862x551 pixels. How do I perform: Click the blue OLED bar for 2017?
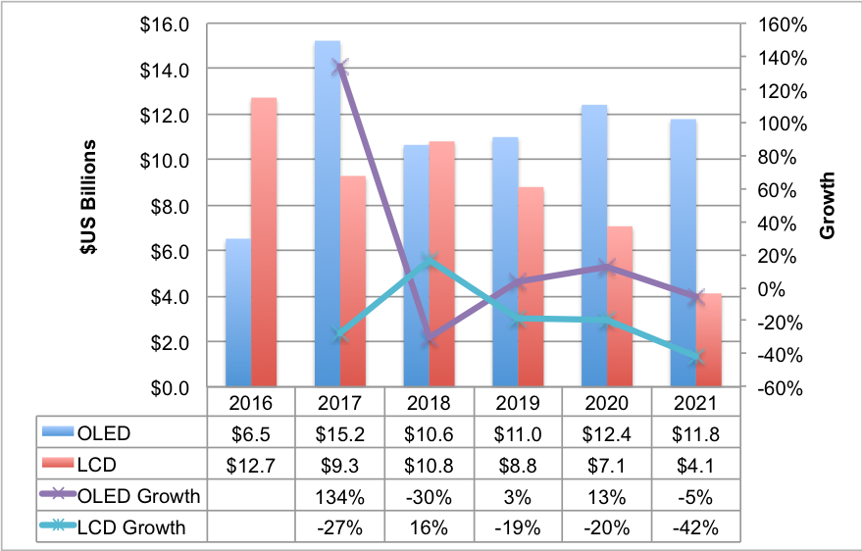point(327,216)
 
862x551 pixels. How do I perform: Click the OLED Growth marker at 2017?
point(340,67)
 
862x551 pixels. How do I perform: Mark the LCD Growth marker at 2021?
point(696,358)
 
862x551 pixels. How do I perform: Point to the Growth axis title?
point(828,206)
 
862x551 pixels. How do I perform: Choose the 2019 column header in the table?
point(518,403)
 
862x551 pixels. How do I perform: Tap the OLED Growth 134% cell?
point(339,496)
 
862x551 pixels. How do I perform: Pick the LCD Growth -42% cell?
point(696,527)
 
